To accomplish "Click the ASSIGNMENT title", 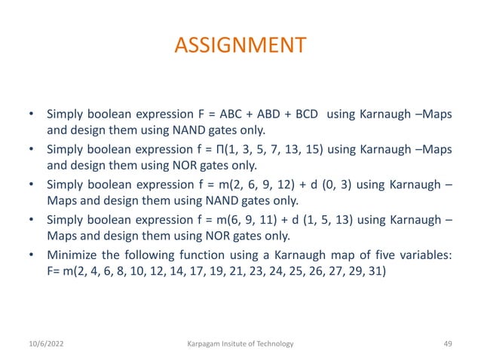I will pyautogui.click(x=240, y=46).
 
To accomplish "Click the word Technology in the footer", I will pyautogui.click(x=271, y=343).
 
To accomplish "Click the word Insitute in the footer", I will pyautogui.click(x=236, y=343).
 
